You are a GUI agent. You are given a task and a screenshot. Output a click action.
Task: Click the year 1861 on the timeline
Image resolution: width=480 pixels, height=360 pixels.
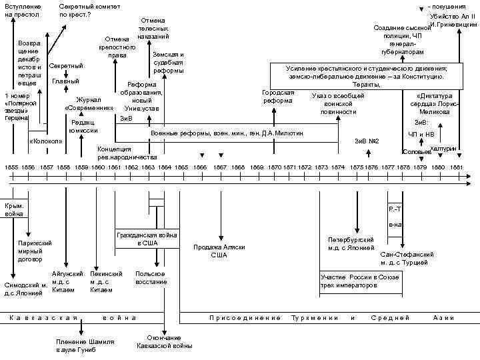[114, 166]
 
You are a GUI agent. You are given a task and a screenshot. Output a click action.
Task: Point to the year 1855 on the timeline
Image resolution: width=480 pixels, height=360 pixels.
[11, 166]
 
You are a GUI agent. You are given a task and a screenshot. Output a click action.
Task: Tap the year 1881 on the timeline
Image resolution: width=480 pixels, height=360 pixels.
[457, 166]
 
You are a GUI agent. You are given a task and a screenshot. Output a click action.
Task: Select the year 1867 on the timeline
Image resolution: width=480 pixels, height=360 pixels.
[220, 166]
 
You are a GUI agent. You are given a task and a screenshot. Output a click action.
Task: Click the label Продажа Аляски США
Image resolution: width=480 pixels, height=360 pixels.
[219, 251]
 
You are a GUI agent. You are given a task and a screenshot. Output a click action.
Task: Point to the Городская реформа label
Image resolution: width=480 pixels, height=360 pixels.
[278, 97]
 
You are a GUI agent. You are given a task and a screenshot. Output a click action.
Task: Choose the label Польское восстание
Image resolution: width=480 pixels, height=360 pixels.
[151, 278]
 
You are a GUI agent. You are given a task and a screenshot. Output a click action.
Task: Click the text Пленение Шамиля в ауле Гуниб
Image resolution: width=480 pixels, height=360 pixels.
[85, 345]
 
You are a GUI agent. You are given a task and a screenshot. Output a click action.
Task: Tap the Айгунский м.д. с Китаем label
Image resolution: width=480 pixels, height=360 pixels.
[67, 282]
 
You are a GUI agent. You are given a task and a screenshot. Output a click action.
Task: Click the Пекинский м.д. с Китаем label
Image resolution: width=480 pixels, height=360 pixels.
[106, 282]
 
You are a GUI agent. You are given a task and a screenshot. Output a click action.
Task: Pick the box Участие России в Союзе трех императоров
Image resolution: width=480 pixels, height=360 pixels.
[359, 281]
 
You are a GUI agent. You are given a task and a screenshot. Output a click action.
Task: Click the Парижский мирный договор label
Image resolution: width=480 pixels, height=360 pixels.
[35, 251]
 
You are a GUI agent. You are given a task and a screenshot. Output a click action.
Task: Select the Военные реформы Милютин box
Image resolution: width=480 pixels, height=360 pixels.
[227, 134]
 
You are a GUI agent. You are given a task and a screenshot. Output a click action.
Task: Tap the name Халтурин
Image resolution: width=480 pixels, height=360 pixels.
[443, 149]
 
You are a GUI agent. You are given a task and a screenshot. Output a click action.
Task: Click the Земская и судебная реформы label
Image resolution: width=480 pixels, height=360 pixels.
[168, 62]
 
